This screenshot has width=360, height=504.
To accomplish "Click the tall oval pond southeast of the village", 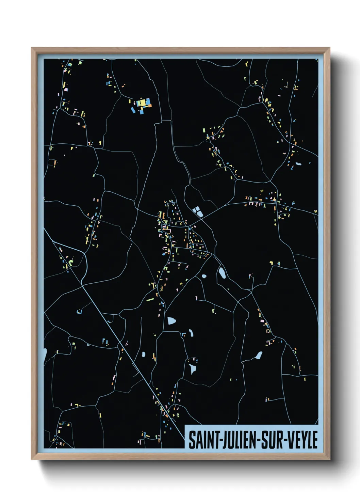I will (222, 272).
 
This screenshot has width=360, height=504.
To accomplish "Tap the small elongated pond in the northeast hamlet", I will (298, 164).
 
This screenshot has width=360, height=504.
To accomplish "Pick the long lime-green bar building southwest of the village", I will (150, 300).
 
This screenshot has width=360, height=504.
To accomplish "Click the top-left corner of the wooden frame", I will (32, 48).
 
